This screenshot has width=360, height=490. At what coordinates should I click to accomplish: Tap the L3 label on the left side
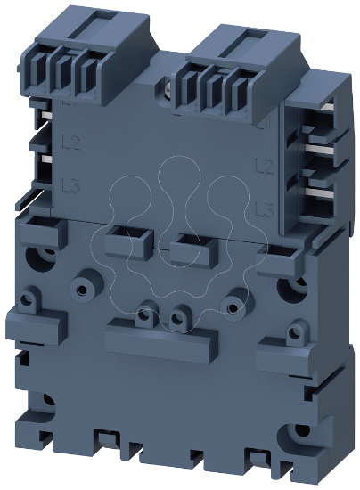(x=71, y=185)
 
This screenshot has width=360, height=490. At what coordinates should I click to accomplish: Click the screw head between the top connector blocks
(x=168, y=86)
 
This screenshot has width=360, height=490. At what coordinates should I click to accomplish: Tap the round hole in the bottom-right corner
(x=293, y=437)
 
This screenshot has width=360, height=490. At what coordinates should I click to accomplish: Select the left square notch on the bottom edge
(x=104, y=437)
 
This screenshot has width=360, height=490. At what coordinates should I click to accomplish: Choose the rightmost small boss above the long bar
(x=233, y=307)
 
